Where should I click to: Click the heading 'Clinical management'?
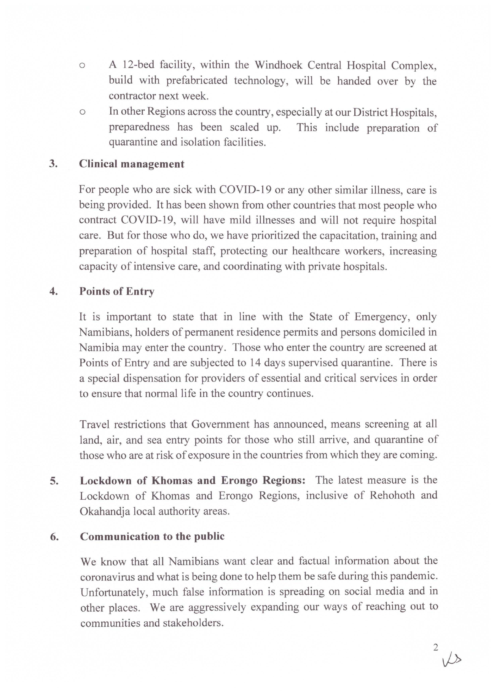click(x=132, y=164)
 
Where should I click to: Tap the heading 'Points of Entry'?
click(x=117, y=291)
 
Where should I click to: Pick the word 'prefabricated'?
click(x=197, y=80)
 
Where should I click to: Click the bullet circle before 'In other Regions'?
click(x=82, y=112)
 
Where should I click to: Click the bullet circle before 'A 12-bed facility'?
click(x=82, y=66)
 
